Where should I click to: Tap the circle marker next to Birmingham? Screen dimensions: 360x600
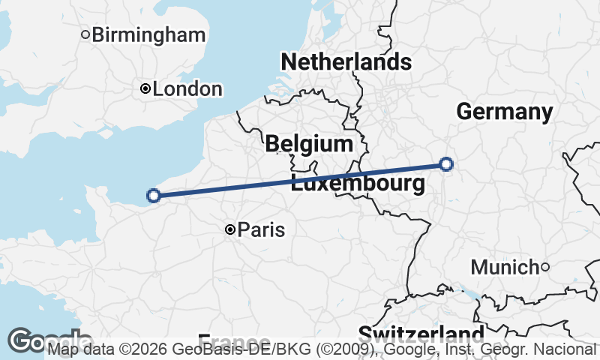(x=85, y=34)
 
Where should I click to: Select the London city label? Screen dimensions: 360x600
(x=187, y=89)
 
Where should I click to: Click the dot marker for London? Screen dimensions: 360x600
(x=145, y=89)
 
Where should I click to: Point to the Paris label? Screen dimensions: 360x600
(x=261, y=229)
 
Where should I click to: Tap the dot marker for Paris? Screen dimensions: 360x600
(x=230, y=229)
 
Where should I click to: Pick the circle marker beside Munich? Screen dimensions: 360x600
(x=545, y=267)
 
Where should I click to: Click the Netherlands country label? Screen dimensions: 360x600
(x=346, y=61)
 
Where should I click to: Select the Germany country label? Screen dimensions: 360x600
(x=504, y=112)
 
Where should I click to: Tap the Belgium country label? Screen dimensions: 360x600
(x=308, y=144)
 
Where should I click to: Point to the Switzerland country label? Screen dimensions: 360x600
(x=420, y=333)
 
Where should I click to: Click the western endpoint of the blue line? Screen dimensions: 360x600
(x=154, y=196)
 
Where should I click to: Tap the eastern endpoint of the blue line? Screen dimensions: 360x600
(x=446, y=163)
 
